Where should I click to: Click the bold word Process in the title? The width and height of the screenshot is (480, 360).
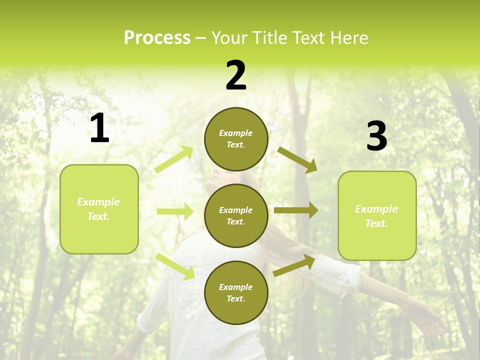[x=157, y=38]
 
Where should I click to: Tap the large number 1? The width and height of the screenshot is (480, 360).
[x=99, y=128]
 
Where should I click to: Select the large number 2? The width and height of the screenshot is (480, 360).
[x=236, y=75]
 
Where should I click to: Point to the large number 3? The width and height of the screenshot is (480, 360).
[x=376, y=136]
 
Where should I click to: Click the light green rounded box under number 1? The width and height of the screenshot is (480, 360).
[x=99, y=209]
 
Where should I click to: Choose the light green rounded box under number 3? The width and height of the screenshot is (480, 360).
[x=377, y=215]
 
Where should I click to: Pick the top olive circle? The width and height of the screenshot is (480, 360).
[x=236, y=139]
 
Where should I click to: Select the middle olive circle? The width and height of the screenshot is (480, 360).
[x=236, y=215]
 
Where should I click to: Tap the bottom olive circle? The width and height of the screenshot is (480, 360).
[x=236, y=292]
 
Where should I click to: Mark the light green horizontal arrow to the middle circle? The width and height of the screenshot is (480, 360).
[x=175, y=211]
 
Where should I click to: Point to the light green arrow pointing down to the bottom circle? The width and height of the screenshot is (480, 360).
[x=175, y=266]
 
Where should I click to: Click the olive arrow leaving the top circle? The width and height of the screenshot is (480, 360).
[x=297, y=159]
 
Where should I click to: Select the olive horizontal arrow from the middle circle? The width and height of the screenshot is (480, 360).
[x=295, y=210]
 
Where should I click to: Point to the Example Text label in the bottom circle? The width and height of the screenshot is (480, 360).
[x=236, y=292]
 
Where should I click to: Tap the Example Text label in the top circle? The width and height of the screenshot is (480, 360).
[x=236, y=139]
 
